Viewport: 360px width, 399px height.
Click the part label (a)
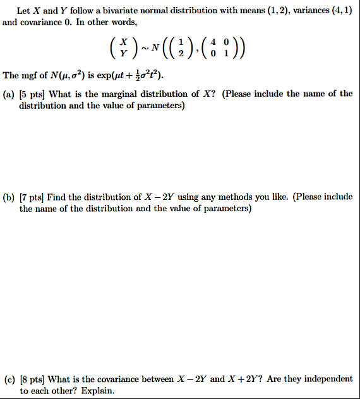coord(9,94)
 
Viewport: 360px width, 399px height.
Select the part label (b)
coord(9,197)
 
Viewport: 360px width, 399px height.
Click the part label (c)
coord(9,379)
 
